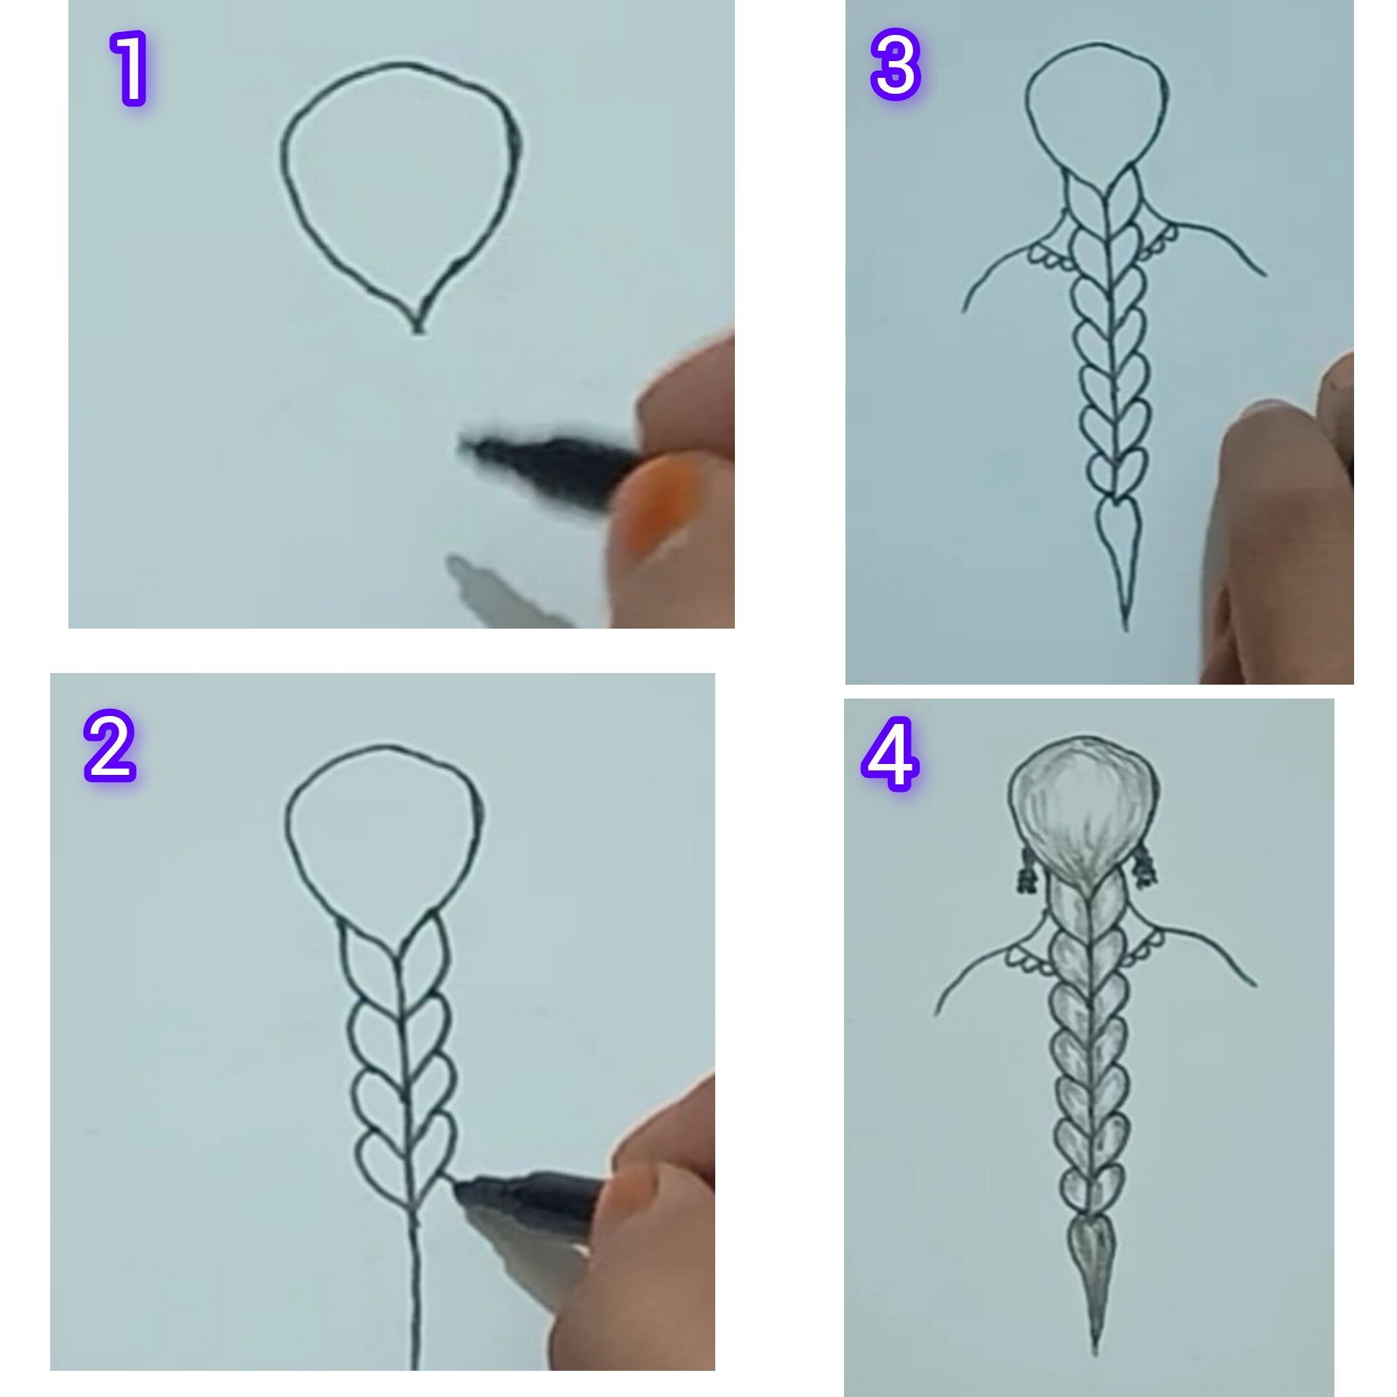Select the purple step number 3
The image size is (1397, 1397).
896,67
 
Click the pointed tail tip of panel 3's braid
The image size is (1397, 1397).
1126,627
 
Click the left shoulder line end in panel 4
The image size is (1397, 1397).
936,1014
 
